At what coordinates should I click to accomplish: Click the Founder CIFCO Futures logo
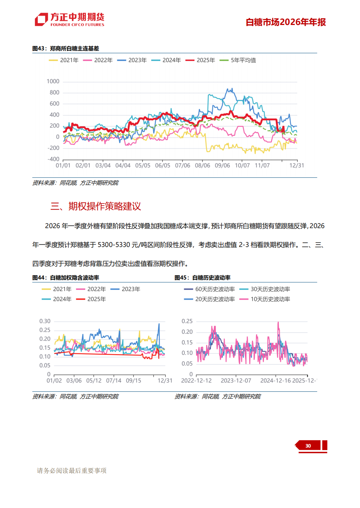(69, 20)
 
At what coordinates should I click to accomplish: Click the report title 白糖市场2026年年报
(286, 22)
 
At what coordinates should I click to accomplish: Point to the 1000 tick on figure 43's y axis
(53, 81)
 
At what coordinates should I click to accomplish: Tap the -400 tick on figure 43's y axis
(53, 159)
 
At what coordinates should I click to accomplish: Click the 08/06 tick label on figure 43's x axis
(202, 165)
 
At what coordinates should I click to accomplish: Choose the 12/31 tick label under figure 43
(296, 165)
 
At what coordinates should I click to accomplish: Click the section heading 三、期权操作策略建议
(96, 206)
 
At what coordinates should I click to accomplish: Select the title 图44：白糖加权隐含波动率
(66, 278)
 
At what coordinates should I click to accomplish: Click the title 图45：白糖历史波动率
(202, 278)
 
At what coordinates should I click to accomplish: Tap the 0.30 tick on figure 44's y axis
(45, 321)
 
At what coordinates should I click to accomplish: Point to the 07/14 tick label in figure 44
(114, 381)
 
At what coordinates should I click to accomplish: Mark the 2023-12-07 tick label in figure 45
(236, 381)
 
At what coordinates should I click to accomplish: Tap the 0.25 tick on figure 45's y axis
(187, 321)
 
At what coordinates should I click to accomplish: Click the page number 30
(308, 446)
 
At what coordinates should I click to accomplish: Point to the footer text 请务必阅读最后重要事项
(72, 471)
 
